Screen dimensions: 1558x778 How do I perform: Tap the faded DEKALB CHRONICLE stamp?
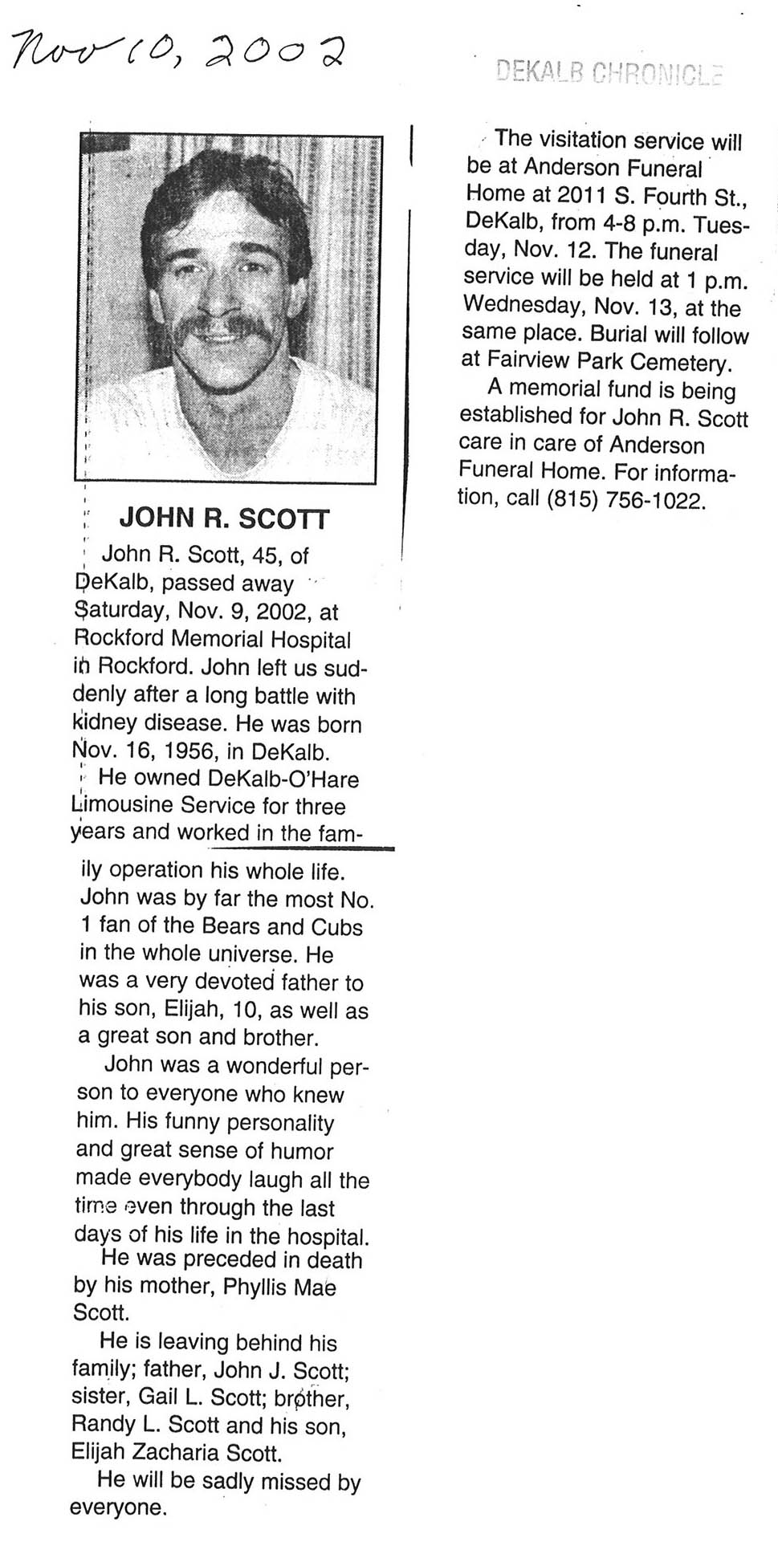pos(609,73)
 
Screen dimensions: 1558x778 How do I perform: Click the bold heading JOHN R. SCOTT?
pos(224,519)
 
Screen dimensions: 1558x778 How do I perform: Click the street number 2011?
pos(585,194)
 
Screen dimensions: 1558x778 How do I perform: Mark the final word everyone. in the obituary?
pos(119,1507)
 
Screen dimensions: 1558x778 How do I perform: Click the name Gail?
pos(157,1396)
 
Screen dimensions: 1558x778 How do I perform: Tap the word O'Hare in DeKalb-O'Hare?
pos(324,778)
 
